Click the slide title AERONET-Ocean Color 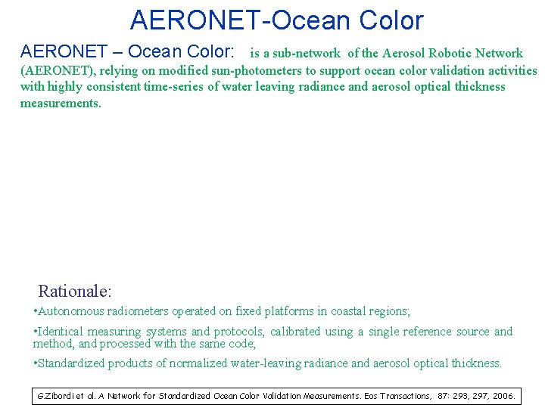point(276,20)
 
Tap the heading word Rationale point(74,291)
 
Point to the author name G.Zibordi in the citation point(55,396)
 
